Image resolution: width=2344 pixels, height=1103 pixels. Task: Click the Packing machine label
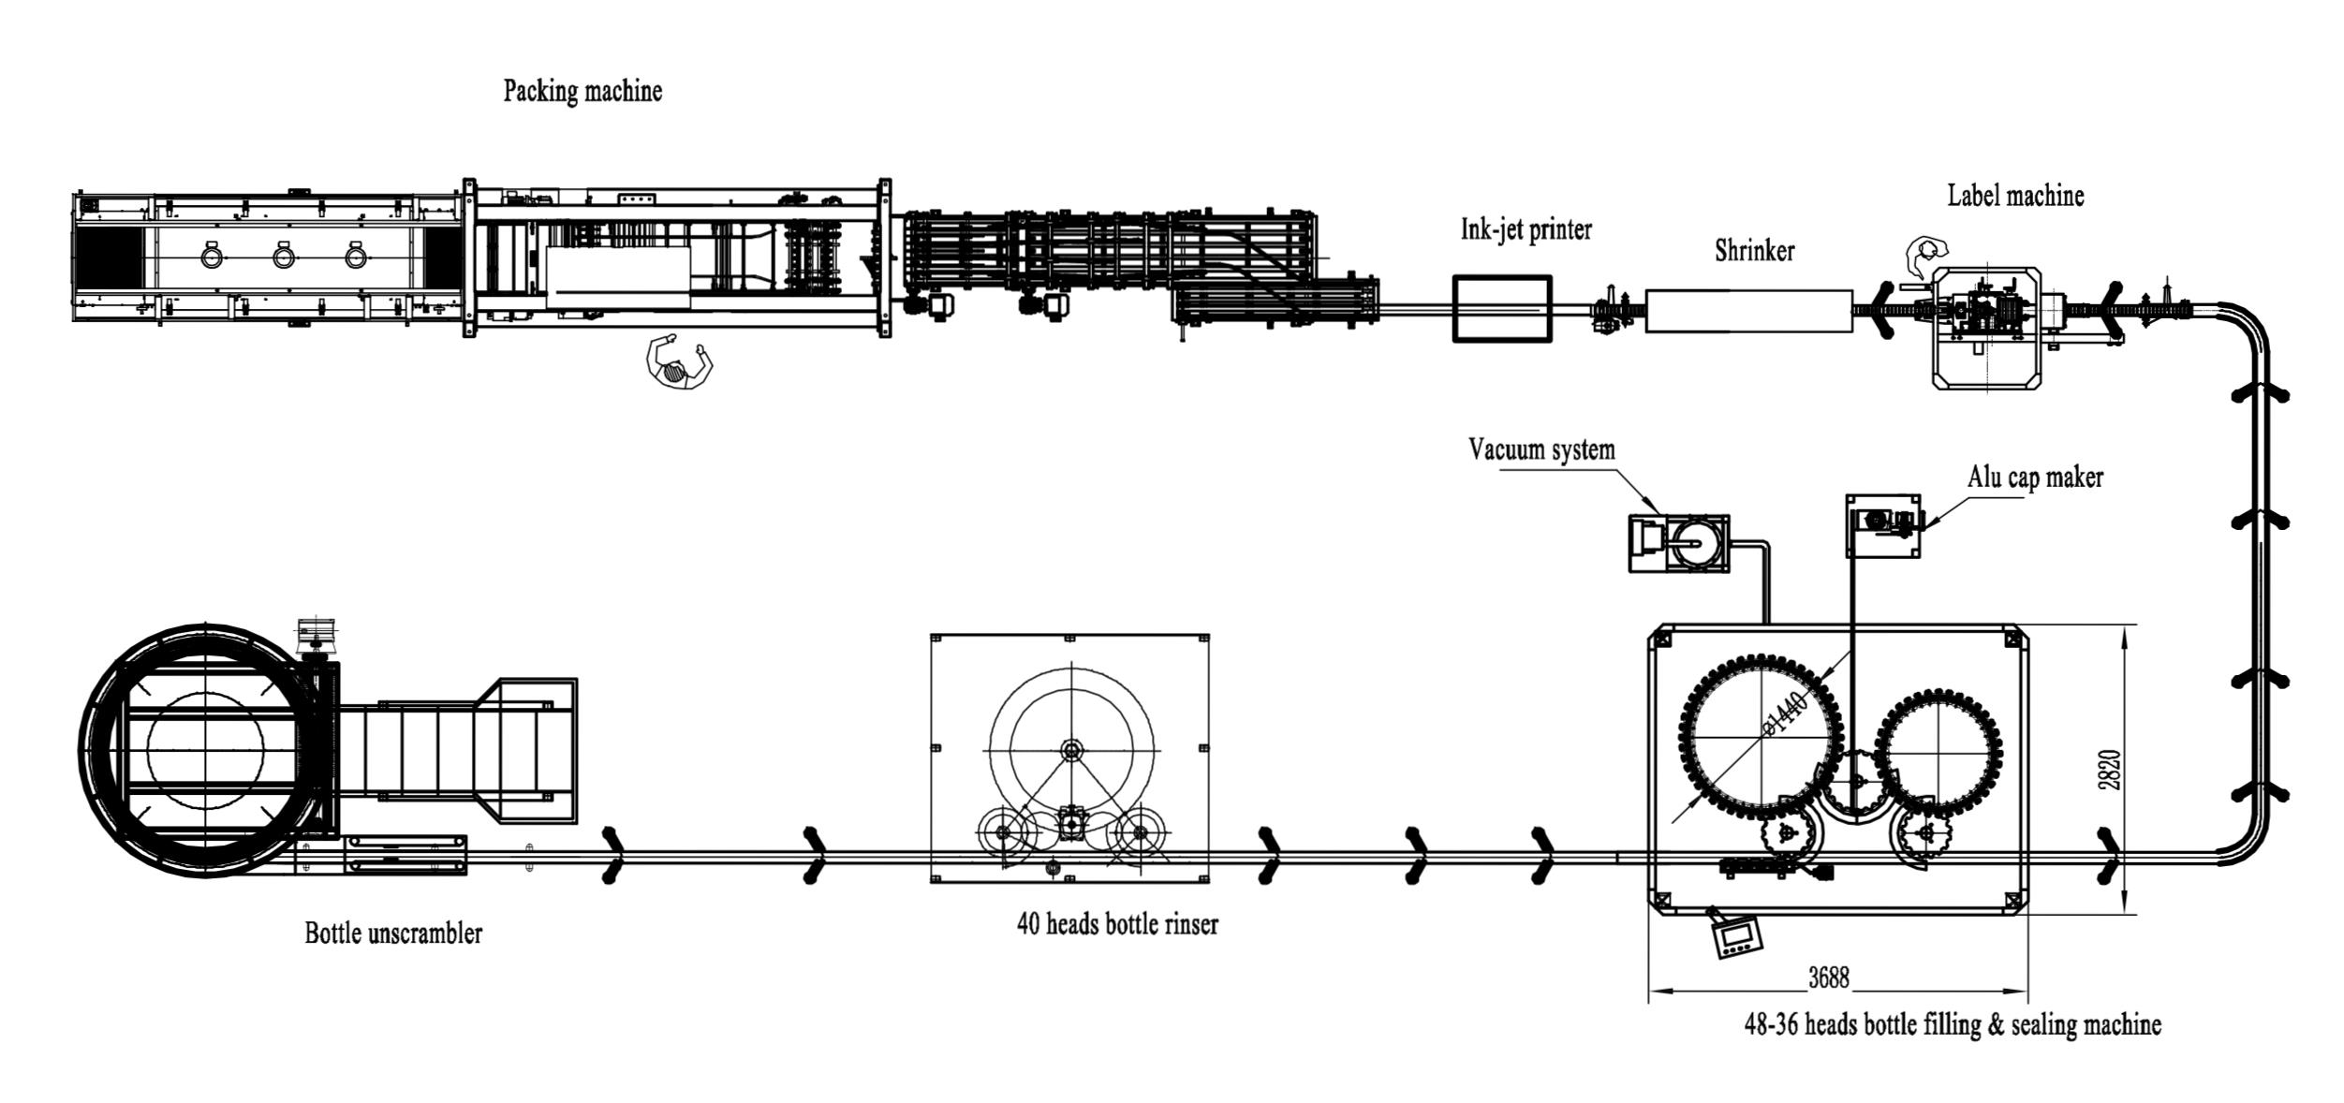[x=582, y=92]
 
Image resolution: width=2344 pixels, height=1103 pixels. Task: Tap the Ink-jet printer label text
[x=1526, y=229]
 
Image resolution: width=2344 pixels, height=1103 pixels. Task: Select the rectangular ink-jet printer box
[x=1502, y=308]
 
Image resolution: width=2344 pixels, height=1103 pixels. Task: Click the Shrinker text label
[x=1754, y=251]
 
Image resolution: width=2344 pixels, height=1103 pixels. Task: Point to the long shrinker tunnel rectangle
[x=1748, y=311]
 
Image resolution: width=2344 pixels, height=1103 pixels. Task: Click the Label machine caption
[x=2015, y=196]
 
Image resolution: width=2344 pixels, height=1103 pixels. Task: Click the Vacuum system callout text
[x=1541, y=450]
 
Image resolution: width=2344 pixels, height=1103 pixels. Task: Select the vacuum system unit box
[x=1679, y=543]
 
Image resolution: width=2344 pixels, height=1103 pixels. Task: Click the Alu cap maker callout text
[x=2035, y=478]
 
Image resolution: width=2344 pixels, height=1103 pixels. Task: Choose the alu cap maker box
[x=1883, y=526]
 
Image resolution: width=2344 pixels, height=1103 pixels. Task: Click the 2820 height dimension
[x=2109, y=770]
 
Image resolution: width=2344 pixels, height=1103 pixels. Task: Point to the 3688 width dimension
[x=1828, y=978]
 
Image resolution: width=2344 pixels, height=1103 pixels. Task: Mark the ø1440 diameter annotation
[x=1784, y=714]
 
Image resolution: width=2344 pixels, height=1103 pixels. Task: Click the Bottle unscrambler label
[x=393, y=934]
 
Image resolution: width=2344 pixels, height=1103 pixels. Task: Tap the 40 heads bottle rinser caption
[x=1117, y=925]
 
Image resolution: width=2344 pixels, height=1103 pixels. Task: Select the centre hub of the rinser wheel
[x=1070, y=749]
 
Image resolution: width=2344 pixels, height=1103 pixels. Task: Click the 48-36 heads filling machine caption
[x=1953, y=1024]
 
